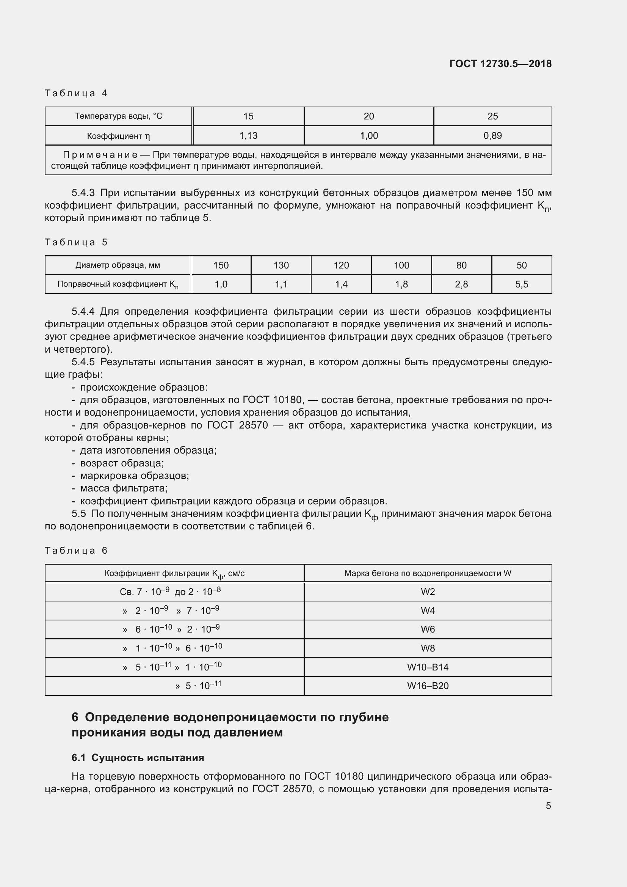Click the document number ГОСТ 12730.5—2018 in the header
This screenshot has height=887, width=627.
(500, 64)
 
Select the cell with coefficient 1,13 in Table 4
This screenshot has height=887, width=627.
(248, 136)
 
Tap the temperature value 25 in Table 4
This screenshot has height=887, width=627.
(492, 116)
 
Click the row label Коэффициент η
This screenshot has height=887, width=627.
(118, 136)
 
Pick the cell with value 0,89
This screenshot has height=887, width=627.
(492, 136)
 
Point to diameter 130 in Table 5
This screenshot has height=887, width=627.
(281, 265)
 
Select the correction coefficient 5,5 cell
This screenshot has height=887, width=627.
(521, 284)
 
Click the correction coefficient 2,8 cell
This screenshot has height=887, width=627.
(461, 284)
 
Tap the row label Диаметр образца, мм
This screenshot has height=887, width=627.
(118, 265)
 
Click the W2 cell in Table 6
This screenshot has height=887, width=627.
(427, 592)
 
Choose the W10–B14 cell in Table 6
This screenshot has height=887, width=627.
(427, 667)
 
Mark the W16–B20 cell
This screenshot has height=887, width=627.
(427, 686)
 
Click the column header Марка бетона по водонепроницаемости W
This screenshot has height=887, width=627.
(427, 573)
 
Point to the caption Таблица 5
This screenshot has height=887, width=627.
(76, 242)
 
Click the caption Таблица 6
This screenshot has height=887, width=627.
(76, 551)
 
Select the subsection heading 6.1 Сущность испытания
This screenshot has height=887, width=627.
(138, 758)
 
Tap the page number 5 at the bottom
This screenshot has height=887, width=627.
(548, 805)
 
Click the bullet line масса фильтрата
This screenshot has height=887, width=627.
(124, 488)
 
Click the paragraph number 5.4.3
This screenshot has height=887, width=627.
(83, 193)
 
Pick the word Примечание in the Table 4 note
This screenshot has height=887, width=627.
(100, 155)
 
